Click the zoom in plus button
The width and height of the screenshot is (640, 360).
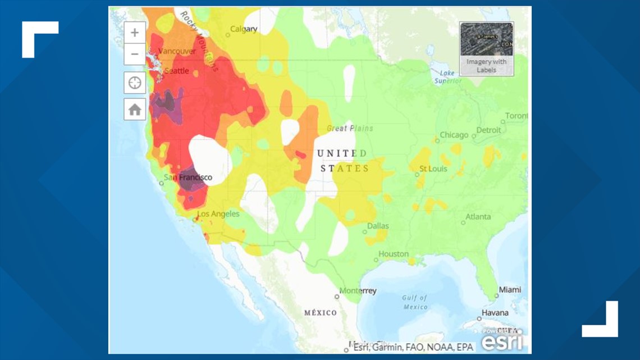point(135,33)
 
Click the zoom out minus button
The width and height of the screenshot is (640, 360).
point(135,54)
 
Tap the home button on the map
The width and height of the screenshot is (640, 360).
point(135,110)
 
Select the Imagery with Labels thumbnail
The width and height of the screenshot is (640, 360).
point(486,48)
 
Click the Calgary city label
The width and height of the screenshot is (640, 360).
point(244,29)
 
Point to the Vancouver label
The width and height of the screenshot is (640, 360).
point(177,51)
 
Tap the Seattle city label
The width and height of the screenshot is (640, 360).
point(176,71)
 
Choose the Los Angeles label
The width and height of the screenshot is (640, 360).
point(218,214)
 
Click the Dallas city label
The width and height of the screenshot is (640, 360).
point(378,226)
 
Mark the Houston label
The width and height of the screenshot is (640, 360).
point(393,254)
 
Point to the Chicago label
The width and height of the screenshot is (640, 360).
point(454,135)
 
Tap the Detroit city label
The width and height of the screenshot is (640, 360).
point(488,130)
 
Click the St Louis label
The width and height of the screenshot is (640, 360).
point(433,168)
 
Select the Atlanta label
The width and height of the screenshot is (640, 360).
point(478,217)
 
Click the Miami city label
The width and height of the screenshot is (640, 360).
point(510,290)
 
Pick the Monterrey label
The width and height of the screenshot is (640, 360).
point(359,291)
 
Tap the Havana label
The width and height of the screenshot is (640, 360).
point(495,313)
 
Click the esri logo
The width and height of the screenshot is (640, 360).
point(502,340)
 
